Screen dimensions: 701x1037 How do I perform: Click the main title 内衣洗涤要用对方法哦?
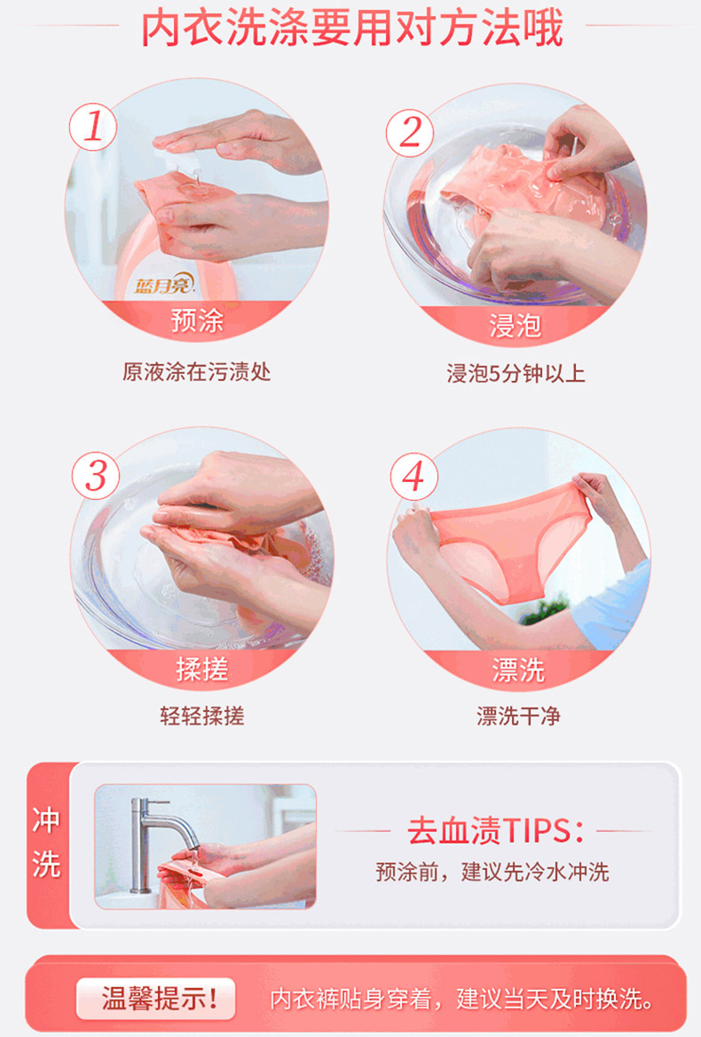[x=351, y=28]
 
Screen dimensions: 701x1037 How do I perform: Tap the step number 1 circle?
[x=93, y=126]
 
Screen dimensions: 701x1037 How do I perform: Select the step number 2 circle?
[x=410, y=132]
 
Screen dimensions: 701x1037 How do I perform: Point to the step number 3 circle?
[x=97, y=476]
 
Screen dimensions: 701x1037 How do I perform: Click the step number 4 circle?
[x=414, y=476]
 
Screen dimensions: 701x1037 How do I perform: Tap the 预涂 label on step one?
[x=197, y=321]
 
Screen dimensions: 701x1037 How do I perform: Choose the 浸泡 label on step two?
[x=516, y=325]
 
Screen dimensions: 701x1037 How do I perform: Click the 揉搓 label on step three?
[x=201, y=669]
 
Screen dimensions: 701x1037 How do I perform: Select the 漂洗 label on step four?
[x=518, y=670]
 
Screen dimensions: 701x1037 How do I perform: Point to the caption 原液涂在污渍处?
[x=196, y=372]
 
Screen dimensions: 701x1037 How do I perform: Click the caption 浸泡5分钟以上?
[x=516, y=374]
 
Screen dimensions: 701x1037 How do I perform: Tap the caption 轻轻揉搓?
[x=201, y=716]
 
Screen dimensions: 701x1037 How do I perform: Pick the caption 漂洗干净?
[x=518, y=716]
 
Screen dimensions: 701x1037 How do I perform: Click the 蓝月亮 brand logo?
[x=164, y=285]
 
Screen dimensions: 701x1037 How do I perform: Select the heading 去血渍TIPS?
[x=495, y=831]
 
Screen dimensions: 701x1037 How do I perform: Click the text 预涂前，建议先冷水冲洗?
[x=492, y=872]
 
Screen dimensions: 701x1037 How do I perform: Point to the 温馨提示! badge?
[x=156, y=998]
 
